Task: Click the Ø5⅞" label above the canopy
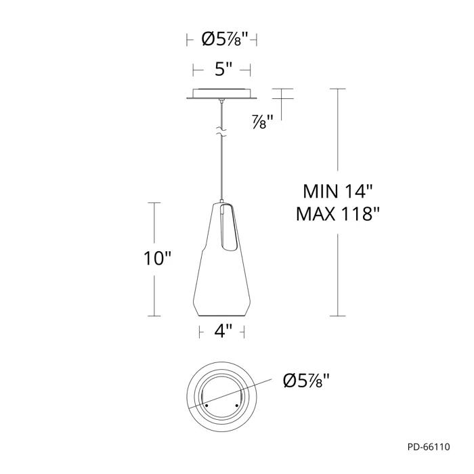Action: tap(221, 40)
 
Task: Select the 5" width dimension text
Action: tap(221, 68)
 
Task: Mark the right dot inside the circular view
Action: tap(236, 405)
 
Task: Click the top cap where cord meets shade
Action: tap(221, 202)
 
